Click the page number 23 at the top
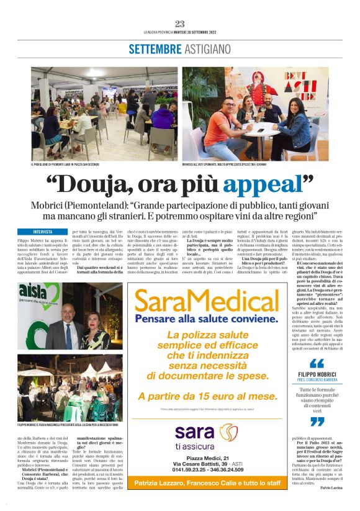(180, 24)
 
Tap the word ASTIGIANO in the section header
(206, 49)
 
